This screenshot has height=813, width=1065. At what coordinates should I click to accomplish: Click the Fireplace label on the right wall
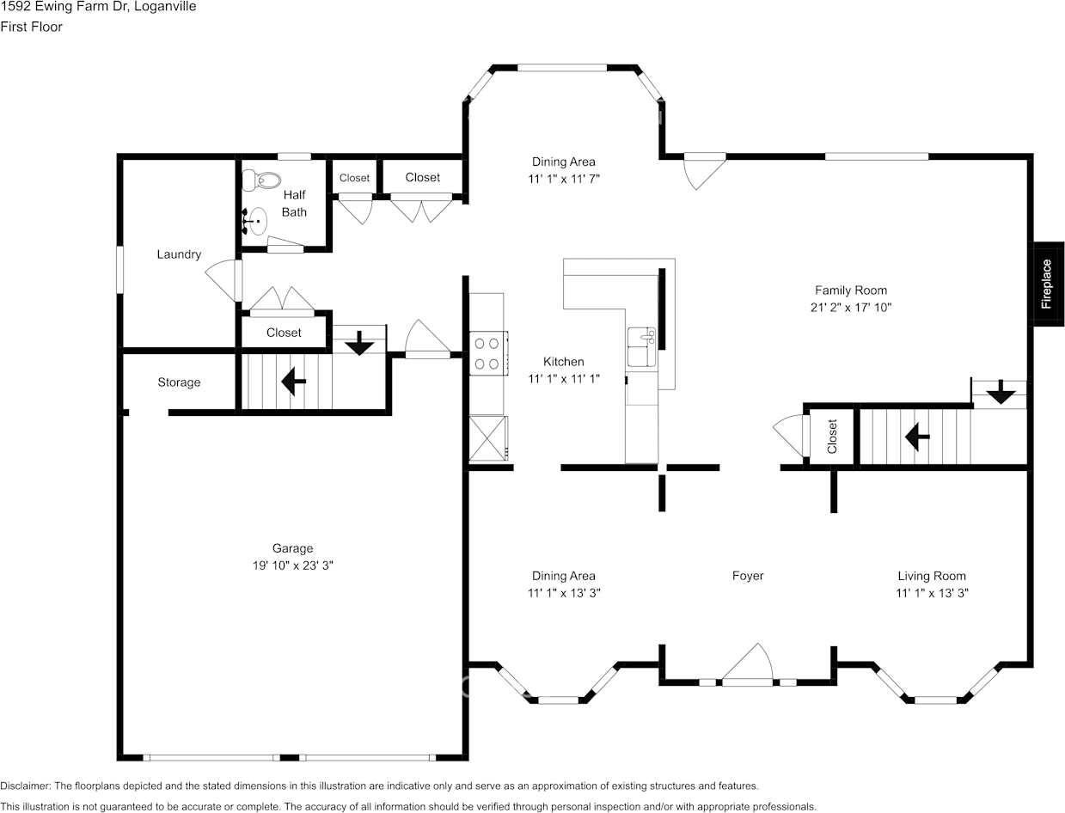[x=1046, y=284]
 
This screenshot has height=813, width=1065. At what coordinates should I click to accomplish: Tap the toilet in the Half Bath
[x=263, y=181]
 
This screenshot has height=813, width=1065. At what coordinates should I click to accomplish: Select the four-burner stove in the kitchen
[x=487, y=353]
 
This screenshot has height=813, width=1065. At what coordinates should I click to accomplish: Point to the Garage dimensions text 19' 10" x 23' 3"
[x=292, y=565]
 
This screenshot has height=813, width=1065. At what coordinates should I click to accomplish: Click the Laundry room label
[x=179, y=254]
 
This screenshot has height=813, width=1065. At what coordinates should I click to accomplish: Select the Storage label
[x=179, y=382]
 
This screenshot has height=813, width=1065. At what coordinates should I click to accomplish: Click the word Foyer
[x=747, y=576]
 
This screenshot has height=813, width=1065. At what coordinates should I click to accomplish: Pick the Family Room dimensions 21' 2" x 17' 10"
[x=851, y=307]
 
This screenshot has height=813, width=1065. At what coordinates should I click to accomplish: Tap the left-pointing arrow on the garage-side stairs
[x=293, y=381]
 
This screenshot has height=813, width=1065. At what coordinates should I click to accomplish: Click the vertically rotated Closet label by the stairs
[x=832, y=437]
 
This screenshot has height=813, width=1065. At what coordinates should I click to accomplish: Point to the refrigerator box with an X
[x=487, y=439]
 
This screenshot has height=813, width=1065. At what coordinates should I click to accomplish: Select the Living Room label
[x=932, y=576]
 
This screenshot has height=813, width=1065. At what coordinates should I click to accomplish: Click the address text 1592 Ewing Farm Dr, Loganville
[x=98, y=7]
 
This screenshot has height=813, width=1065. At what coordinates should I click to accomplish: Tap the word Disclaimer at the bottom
[x=26, y=785]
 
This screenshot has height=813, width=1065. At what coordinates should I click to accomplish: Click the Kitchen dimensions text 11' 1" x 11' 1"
[x=563, y=378]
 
